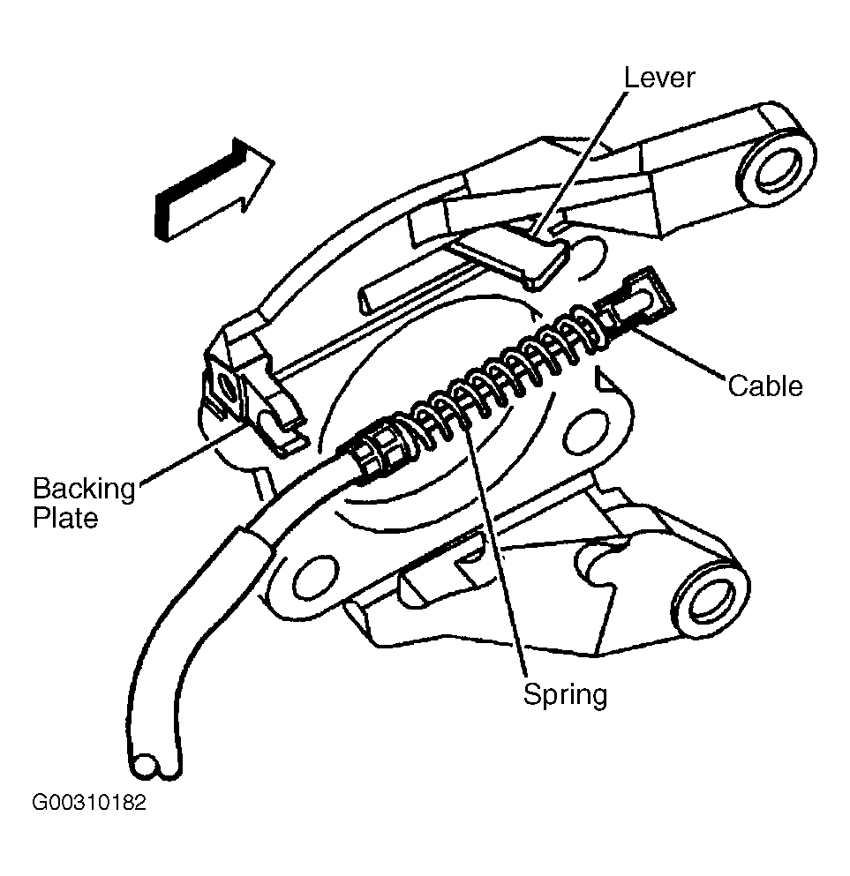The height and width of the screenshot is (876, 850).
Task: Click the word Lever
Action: click(658, 78)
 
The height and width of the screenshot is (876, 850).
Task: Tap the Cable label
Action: click(765, 386)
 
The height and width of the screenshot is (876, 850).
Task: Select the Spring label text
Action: click(565, 695)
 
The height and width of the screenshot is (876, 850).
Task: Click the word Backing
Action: click(85, 490)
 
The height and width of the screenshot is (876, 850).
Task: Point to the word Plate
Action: click(65, 518)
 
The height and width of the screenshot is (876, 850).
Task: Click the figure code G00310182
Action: click(89, 802)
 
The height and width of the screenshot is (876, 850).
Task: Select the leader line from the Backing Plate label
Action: click(192, 453)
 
